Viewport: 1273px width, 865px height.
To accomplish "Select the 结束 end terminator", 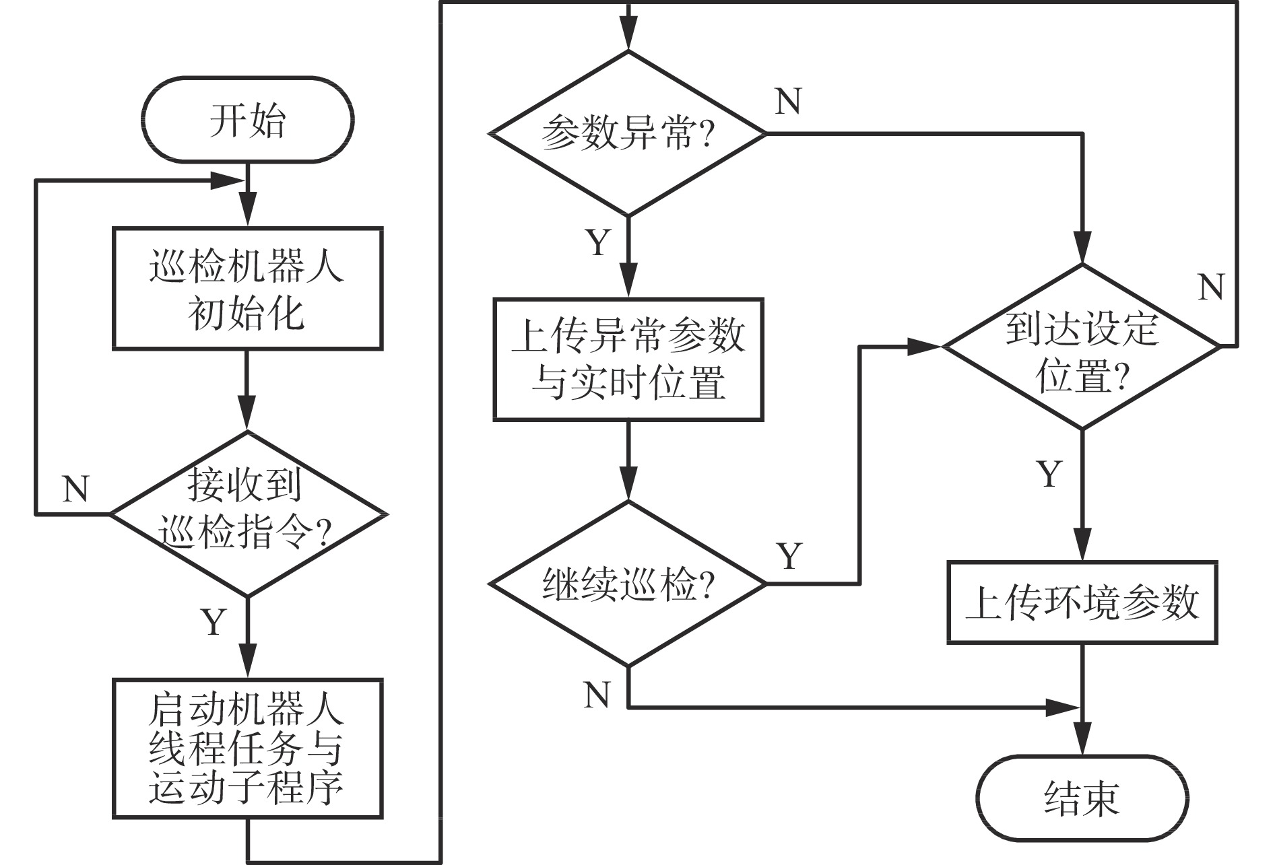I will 1082,798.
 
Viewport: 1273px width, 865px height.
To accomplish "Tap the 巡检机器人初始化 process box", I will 247,289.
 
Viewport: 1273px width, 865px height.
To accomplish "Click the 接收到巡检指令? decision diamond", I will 247,514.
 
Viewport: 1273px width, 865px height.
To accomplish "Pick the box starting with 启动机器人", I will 247,748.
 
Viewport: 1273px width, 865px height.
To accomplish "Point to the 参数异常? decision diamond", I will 628,133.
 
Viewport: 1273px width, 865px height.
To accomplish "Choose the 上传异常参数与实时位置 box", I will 628,359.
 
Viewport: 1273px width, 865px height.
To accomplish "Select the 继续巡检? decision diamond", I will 628,584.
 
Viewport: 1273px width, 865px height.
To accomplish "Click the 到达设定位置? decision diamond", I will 1082,347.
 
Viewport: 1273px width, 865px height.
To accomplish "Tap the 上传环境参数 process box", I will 1082,602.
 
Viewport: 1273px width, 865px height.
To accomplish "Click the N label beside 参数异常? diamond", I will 788,102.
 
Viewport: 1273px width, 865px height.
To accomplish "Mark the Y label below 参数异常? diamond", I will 598,242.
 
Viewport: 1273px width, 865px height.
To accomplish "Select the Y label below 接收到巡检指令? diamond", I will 214,621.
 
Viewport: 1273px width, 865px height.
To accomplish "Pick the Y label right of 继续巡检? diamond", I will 789,556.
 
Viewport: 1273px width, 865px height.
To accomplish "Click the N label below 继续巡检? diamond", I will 597,694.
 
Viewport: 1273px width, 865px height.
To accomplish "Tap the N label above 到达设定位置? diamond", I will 1211,287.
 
